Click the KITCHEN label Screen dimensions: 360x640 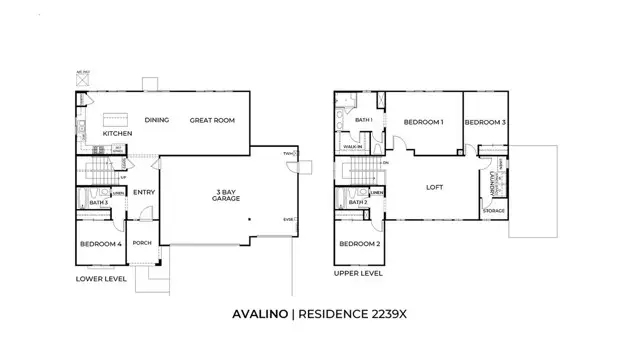117,133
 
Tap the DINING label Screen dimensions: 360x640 156,120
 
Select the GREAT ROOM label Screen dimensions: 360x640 212,120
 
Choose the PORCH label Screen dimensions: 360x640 143,242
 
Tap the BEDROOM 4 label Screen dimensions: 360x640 100,244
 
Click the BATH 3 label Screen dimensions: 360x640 98,204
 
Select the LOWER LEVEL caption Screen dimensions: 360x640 101,279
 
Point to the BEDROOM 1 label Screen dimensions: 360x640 423,122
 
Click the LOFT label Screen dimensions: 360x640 434,186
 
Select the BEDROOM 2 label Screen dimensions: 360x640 359,244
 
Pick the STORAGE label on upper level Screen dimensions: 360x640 494,211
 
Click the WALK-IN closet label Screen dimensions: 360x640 352,146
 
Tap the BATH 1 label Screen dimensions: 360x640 364,121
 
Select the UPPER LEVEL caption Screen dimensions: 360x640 359,272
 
